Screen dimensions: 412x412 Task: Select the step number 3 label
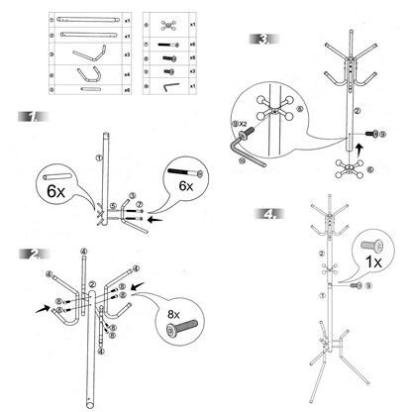click(x=262, y=39)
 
